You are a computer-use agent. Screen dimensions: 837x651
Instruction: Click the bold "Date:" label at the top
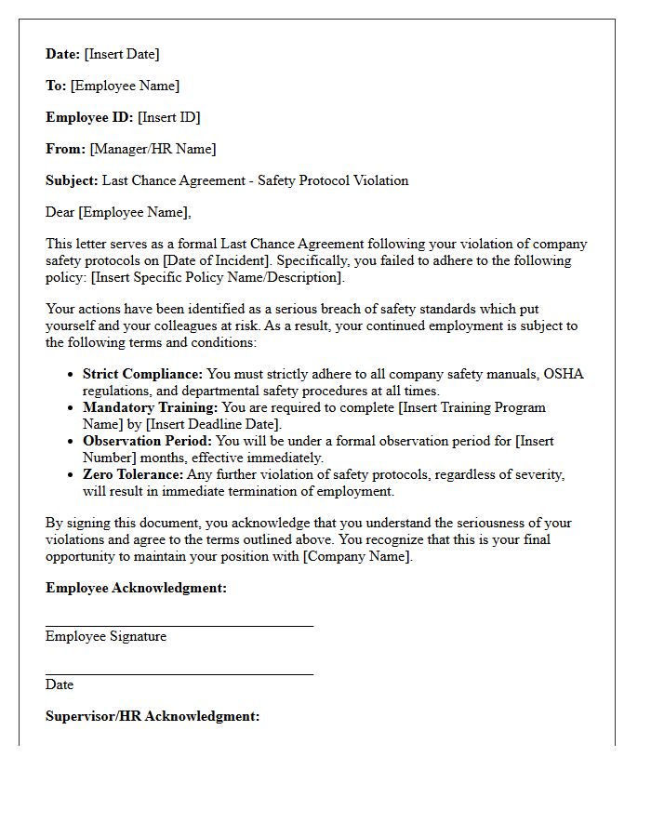coord(63,54)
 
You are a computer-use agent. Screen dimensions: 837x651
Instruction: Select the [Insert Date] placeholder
coord(122,54)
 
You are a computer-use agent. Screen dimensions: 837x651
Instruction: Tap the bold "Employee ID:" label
coord(89,117)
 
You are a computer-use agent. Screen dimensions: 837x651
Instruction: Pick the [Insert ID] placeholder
coord(169,117)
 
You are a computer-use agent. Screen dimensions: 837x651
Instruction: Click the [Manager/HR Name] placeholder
coord(153,149)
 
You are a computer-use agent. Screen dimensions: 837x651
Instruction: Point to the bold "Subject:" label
coord(72,180)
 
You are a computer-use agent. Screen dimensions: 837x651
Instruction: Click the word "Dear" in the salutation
coord(60,212)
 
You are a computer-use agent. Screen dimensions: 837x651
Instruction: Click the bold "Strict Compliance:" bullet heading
coord(142,374)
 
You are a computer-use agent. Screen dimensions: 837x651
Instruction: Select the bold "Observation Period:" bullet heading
coord(147,441)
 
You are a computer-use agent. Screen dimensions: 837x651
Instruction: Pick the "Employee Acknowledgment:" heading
coord(136,588)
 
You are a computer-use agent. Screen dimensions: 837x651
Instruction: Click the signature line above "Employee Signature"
coord(179,627)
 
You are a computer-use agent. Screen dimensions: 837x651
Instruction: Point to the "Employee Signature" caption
coord(106,636)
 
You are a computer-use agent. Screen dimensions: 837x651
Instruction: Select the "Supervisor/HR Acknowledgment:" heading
coord(153,716)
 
